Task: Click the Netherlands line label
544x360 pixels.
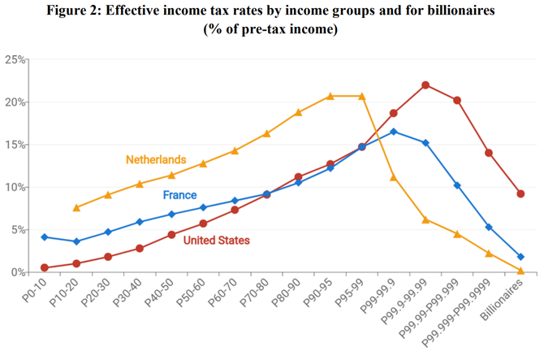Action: tap(156, 159)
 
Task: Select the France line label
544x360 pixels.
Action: tap(179, 195)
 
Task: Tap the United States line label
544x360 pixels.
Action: tap(217, 241)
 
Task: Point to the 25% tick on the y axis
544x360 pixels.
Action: tap(13, 60)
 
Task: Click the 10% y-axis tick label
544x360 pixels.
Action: tap(13, 188)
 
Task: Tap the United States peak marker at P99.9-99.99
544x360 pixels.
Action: tap(425, 85)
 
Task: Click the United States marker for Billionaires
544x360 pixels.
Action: tap(520, 193)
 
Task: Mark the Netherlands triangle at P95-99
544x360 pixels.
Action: tap(362, 96)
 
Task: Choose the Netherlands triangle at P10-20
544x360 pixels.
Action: tap(76, 208)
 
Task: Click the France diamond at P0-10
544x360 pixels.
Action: tap(45, 237)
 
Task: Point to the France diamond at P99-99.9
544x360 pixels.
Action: tap(394, 132)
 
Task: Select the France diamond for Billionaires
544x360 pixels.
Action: tap(520, 257)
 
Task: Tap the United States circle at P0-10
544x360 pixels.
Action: tap(45, 267)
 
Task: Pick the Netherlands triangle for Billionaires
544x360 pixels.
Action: tap(520, 271)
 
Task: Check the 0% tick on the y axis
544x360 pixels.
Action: tap(15, 272)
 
